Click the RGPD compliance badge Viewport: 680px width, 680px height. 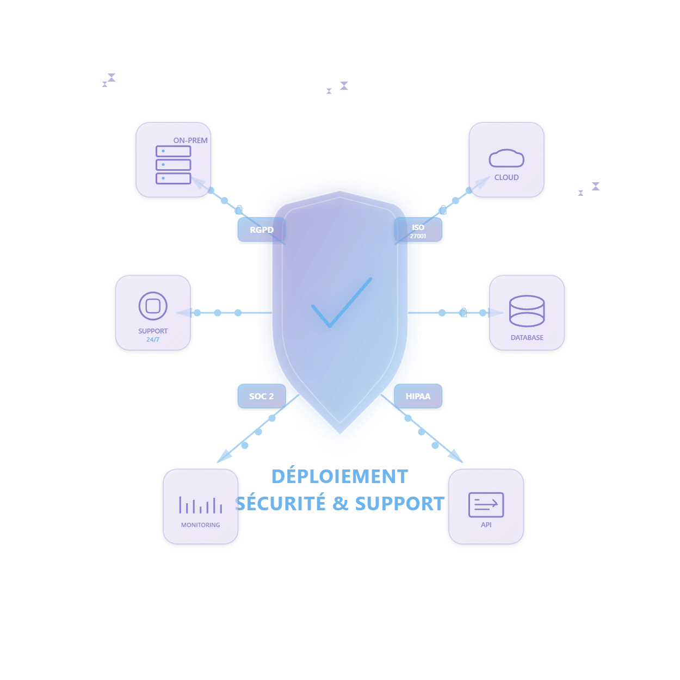coord(262,230)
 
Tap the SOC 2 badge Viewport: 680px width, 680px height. coord(262,396)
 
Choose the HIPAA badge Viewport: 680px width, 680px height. coord(418,396)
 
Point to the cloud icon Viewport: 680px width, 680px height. coord(506,158)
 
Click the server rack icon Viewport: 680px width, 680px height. coord(174,165)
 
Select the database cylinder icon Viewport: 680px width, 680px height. coord(527,311)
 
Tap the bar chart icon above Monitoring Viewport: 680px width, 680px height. coord(201,505)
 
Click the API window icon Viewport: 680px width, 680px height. coord(486,505)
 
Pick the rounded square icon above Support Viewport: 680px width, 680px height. coord(153,306)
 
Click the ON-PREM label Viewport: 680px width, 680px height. coord(190,140)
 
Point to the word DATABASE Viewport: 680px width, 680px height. coord(527,338)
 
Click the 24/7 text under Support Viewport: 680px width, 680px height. coord(153,340)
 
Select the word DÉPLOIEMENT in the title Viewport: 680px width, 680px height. coord(339,477)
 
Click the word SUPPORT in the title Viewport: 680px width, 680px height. coord(400,504)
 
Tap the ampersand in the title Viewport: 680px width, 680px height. coord(340,504)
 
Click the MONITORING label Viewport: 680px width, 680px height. coord(201,525)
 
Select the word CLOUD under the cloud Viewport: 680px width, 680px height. coord(506,177)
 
